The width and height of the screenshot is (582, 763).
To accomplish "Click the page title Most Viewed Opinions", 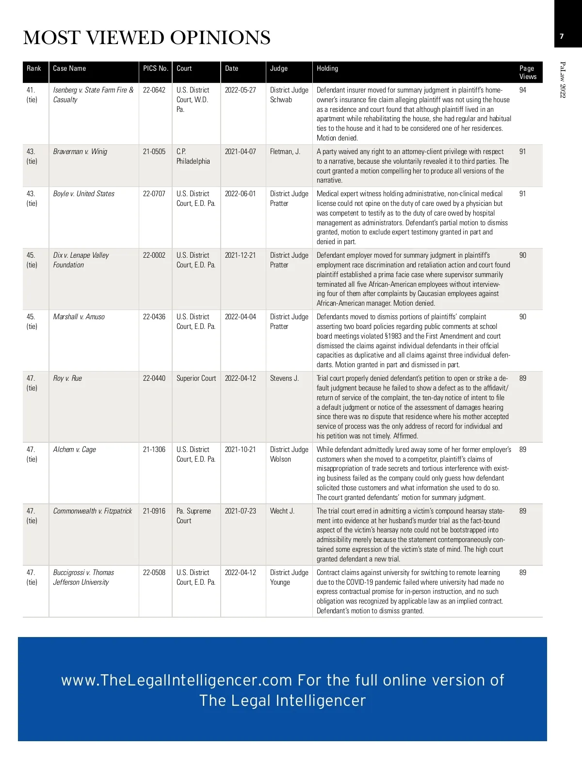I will pyautogui.click(x=146, y=38).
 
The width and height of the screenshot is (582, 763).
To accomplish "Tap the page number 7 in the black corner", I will pyautogui.click(x=562, y=36).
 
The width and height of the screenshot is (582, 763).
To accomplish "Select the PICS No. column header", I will pyautogui.click(x=155, y=68).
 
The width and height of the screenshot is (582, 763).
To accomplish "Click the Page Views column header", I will pyautogui.click(x=528, y=72).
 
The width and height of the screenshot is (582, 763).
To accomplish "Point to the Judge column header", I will pyautogui.click(x=279, y=68).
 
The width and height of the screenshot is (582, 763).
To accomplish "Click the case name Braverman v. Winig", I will pyautogui.click(x=80, y=152).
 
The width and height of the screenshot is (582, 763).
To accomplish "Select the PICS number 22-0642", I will pyautogui.click(x=154, y=90).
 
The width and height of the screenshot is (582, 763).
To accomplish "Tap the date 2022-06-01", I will pyautogui.click(x=240, y=194).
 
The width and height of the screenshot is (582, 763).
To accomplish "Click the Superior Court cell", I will pyautogui.click(x=196, y=378).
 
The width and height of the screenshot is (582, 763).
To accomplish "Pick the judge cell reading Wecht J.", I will pyautogui.click(x=282, y=511).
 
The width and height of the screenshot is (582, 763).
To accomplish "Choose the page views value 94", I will pyautogui.click(x=523, y=90).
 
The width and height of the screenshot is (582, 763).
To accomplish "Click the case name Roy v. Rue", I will pyautogui.click(x=67, y=378).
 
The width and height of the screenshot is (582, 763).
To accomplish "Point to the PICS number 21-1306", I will pyautogui.click(x=154, y=450).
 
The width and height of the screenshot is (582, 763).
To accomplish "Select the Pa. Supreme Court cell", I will pyautogui.click(x=194, y=515).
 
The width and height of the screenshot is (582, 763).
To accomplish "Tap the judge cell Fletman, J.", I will pyautogui.click(x=285, y=152).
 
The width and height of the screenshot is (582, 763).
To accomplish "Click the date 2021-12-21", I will pyautogui.click(x=240, y=255).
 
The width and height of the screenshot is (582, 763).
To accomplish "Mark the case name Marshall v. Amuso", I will pyautogui.click(x=79, y=317).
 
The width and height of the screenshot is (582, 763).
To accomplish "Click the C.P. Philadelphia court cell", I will pyautogui.click(x=193, y=156).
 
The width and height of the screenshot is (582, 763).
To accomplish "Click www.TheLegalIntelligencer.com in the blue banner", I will pyautogui.click(x=177, y=680).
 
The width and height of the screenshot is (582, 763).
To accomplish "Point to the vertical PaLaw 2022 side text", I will pyautogui.click(x=563, y=79).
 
